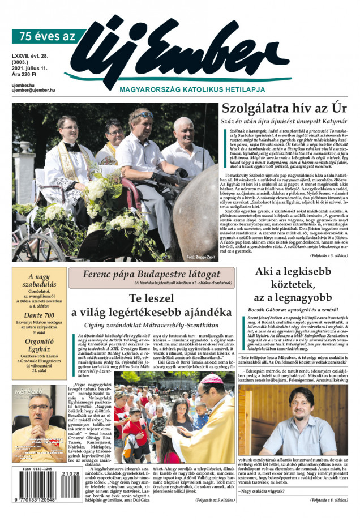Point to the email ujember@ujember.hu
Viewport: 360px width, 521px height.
(x=33, y=90)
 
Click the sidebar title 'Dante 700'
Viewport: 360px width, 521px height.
(x=36, y=315)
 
